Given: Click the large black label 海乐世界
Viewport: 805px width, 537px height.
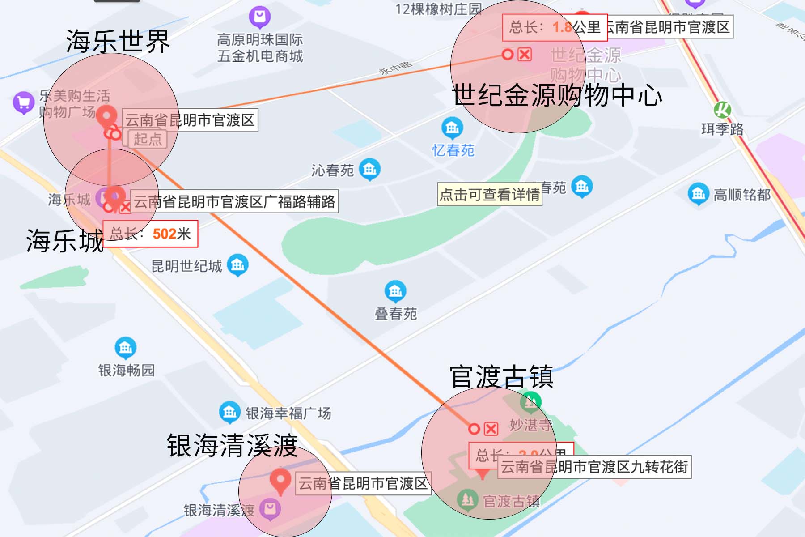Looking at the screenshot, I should coord(118,42).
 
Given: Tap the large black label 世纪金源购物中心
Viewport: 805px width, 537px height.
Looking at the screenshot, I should coord(557,95).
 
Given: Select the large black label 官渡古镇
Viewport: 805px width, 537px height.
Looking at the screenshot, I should coord(502,377).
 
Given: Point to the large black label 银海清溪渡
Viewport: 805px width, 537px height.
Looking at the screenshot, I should coord(232,446).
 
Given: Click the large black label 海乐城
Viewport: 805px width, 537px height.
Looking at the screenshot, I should coord(65,241).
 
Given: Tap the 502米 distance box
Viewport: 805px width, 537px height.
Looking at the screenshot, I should coord(150,234).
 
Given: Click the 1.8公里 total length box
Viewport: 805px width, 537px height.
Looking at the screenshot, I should coord(555,27).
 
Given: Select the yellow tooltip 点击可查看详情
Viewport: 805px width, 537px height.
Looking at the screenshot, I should coord(490,194).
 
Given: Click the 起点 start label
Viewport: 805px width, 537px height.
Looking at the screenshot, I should coord(147,139).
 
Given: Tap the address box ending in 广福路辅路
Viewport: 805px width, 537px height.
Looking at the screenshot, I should coord(234,202).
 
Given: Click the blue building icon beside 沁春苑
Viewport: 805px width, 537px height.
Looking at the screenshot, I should coord(370,169).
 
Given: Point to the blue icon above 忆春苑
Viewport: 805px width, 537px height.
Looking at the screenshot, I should coord(452,128).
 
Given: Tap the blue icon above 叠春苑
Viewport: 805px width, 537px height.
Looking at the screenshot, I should coord(395,291).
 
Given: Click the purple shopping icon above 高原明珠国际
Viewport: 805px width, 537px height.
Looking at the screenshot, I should coord(260,17).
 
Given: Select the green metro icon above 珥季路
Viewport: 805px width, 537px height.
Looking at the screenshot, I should coord(722,110).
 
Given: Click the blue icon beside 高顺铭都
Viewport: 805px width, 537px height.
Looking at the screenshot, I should coord(698,194).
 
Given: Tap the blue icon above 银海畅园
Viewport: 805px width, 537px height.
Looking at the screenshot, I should coord(126,348).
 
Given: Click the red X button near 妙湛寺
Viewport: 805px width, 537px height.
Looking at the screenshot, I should coord(491,429).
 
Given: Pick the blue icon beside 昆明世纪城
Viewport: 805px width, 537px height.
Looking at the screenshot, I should coord(237,265).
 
